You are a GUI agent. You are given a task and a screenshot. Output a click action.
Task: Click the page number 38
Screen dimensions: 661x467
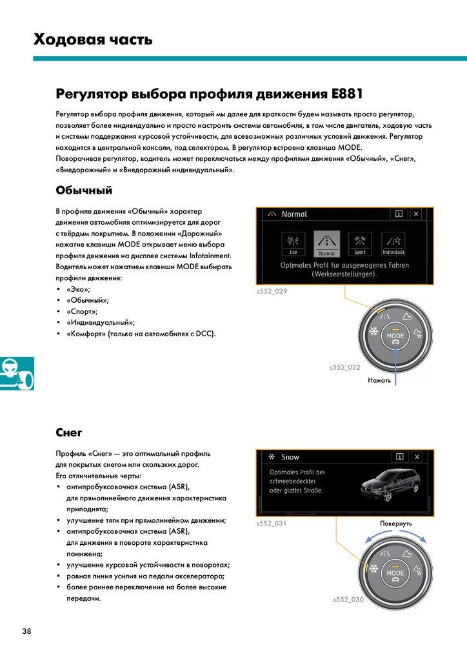point(26,631)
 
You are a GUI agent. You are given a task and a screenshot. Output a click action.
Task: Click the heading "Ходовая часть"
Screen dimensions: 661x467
point(93,40)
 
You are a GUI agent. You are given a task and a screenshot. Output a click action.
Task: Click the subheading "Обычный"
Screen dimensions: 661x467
point(84,190)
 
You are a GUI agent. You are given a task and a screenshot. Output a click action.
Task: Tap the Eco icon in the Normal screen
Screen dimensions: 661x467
point(293,244)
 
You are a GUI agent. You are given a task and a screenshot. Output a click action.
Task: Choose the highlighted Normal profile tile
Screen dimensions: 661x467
point(326,244)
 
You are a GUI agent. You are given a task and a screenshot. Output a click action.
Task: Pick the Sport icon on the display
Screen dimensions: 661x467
point(360,244)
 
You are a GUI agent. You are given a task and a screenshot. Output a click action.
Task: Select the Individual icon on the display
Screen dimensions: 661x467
point(393,244)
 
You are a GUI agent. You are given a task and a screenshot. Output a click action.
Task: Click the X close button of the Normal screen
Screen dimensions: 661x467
point(416,214)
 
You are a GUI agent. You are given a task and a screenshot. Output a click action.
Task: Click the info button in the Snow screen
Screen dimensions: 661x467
point(399,457)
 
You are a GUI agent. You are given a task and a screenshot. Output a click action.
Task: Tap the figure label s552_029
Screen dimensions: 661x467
point(272,291)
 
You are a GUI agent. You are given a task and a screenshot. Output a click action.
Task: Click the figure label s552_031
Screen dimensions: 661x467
point(272,524)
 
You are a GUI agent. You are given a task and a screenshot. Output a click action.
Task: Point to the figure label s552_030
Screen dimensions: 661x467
point(348,600)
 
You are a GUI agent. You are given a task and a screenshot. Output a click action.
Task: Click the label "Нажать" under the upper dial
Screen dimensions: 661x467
point(379,381)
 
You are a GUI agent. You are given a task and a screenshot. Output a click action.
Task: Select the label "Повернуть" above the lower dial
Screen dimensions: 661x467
point(396,524)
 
